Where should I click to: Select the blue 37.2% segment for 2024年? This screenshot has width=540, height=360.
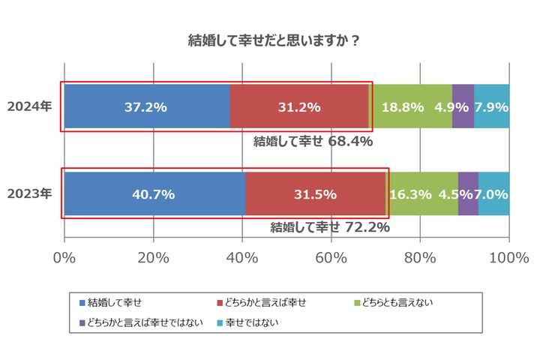[146, 106]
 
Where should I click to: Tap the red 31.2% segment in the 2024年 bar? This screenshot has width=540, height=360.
[299, 106]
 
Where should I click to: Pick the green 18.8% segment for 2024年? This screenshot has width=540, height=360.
[411, 106]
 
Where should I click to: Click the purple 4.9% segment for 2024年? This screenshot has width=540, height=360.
[463, 106]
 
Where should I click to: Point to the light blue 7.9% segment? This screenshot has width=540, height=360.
[492, 106]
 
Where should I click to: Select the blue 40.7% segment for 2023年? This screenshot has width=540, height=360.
[154, 194]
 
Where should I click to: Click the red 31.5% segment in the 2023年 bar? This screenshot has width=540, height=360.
[314, 194]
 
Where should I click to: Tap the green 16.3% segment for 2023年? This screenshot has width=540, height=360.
[421, 194]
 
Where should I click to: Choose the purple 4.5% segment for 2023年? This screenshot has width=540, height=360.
[468, 194]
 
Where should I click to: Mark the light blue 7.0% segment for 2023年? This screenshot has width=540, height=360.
[494, 194]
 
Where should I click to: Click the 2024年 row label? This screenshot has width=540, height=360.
[29, 106]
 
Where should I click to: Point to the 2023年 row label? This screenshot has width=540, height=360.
[29, 194]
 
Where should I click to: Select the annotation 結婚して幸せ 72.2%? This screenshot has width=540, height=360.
[329, 227]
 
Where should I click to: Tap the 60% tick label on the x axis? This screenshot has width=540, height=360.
[331, 259]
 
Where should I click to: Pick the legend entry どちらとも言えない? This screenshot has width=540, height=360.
[397, 303]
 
